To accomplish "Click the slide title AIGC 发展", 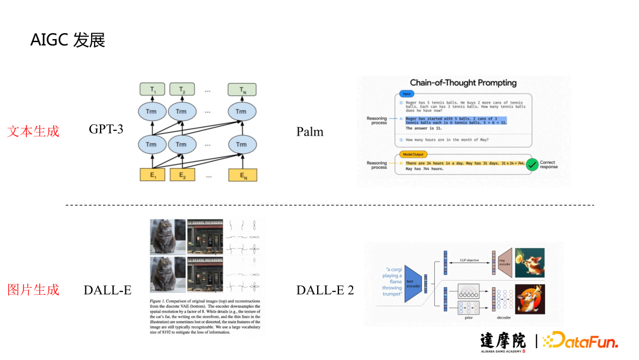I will click(x=68, y=41).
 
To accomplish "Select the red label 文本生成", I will click(x=33, y=131).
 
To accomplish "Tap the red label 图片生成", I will click(x=33, y=290).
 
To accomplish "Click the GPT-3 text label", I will click(x=106, y=129).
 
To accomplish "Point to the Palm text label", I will click(x=310, y=131).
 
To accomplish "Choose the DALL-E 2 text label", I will click(x=325, y=290).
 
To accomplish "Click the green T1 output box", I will click(x=152, y=90).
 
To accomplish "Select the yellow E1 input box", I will click(x=152, y=175).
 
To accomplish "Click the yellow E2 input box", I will click(x=182, y=175).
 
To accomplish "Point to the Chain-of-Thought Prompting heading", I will click(x=463, y=83).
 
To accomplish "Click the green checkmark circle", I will click(x=532, y=165).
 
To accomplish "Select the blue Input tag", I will click(x=406, y=94).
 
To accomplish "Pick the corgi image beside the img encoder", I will click(x=530, y=263).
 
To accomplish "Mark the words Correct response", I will click(x=548, y=165).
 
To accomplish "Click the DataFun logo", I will click(x=580, y=342).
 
